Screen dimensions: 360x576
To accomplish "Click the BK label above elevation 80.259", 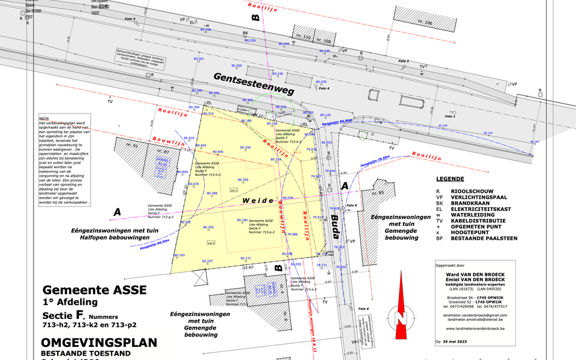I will pos(245,33).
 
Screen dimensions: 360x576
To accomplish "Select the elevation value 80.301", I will pos(199,59).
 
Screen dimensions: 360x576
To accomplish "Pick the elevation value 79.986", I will pos(292,235).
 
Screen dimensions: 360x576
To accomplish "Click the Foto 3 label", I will pos(130,19).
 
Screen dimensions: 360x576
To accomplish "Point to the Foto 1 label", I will pos(450,116).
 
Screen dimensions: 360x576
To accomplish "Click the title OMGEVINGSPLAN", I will pos(99,343).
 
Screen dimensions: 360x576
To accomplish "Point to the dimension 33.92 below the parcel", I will pos(249,268).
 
